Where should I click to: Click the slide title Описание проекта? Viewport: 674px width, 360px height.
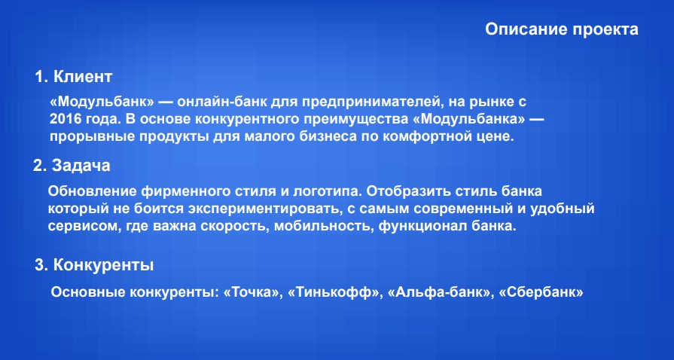pyautogui.click(x=562, y=29)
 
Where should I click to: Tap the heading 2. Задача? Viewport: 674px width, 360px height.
pyautogui.click(x=72, y=165)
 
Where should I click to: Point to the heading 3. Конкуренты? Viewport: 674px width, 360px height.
pyautogui.click(x=95, y=265)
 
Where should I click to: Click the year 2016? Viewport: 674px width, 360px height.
pyautogui.click(x=65, y=119)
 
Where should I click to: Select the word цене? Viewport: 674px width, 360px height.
pyautogui.click(x=495, y=137)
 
